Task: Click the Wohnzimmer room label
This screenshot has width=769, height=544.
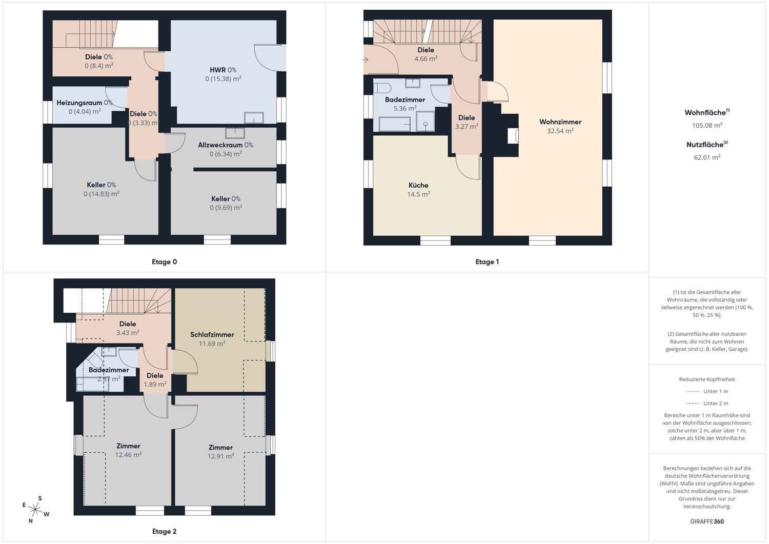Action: coord(560,122)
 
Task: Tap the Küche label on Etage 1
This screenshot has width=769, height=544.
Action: coord(418,186)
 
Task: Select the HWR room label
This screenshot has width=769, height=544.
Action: coord(218,70)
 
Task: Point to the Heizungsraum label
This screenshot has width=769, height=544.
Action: coord(79,103)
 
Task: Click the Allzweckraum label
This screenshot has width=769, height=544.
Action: coord(220,145)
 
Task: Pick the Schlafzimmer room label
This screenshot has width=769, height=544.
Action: coord(212,335)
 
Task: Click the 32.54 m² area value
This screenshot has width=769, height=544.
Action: coord(560,131)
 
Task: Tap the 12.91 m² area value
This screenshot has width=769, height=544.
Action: coord(220,456)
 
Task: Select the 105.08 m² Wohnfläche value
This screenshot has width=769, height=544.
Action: coord(707,125)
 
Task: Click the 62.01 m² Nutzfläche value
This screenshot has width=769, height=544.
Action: coord(707,157)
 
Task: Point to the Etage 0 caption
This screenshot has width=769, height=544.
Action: coord(165,262)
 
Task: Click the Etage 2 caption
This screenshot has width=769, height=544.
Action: coord(165,532)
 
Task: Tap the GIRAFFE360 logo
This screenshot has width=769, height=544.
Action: coord(707,521)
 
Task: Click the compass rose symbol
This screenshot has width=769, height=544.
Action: coord(35,509)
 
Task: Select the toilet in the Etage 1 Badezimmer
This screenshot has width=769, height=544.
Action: coord(382,88)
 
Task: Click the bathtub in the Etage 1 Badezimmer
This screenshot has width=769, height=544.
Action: coord(395,124)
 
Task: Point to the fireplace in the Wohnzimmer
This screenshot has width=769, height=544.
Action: coord(513,136)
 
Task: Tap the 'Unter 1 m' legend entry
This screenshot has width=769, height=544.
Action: coord(707,392)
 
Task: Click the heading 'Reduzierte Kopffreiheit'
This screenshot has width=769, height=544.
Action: coord(707,379)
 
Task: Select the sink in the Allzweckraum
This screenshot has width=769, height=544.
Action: coord(235,133)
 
